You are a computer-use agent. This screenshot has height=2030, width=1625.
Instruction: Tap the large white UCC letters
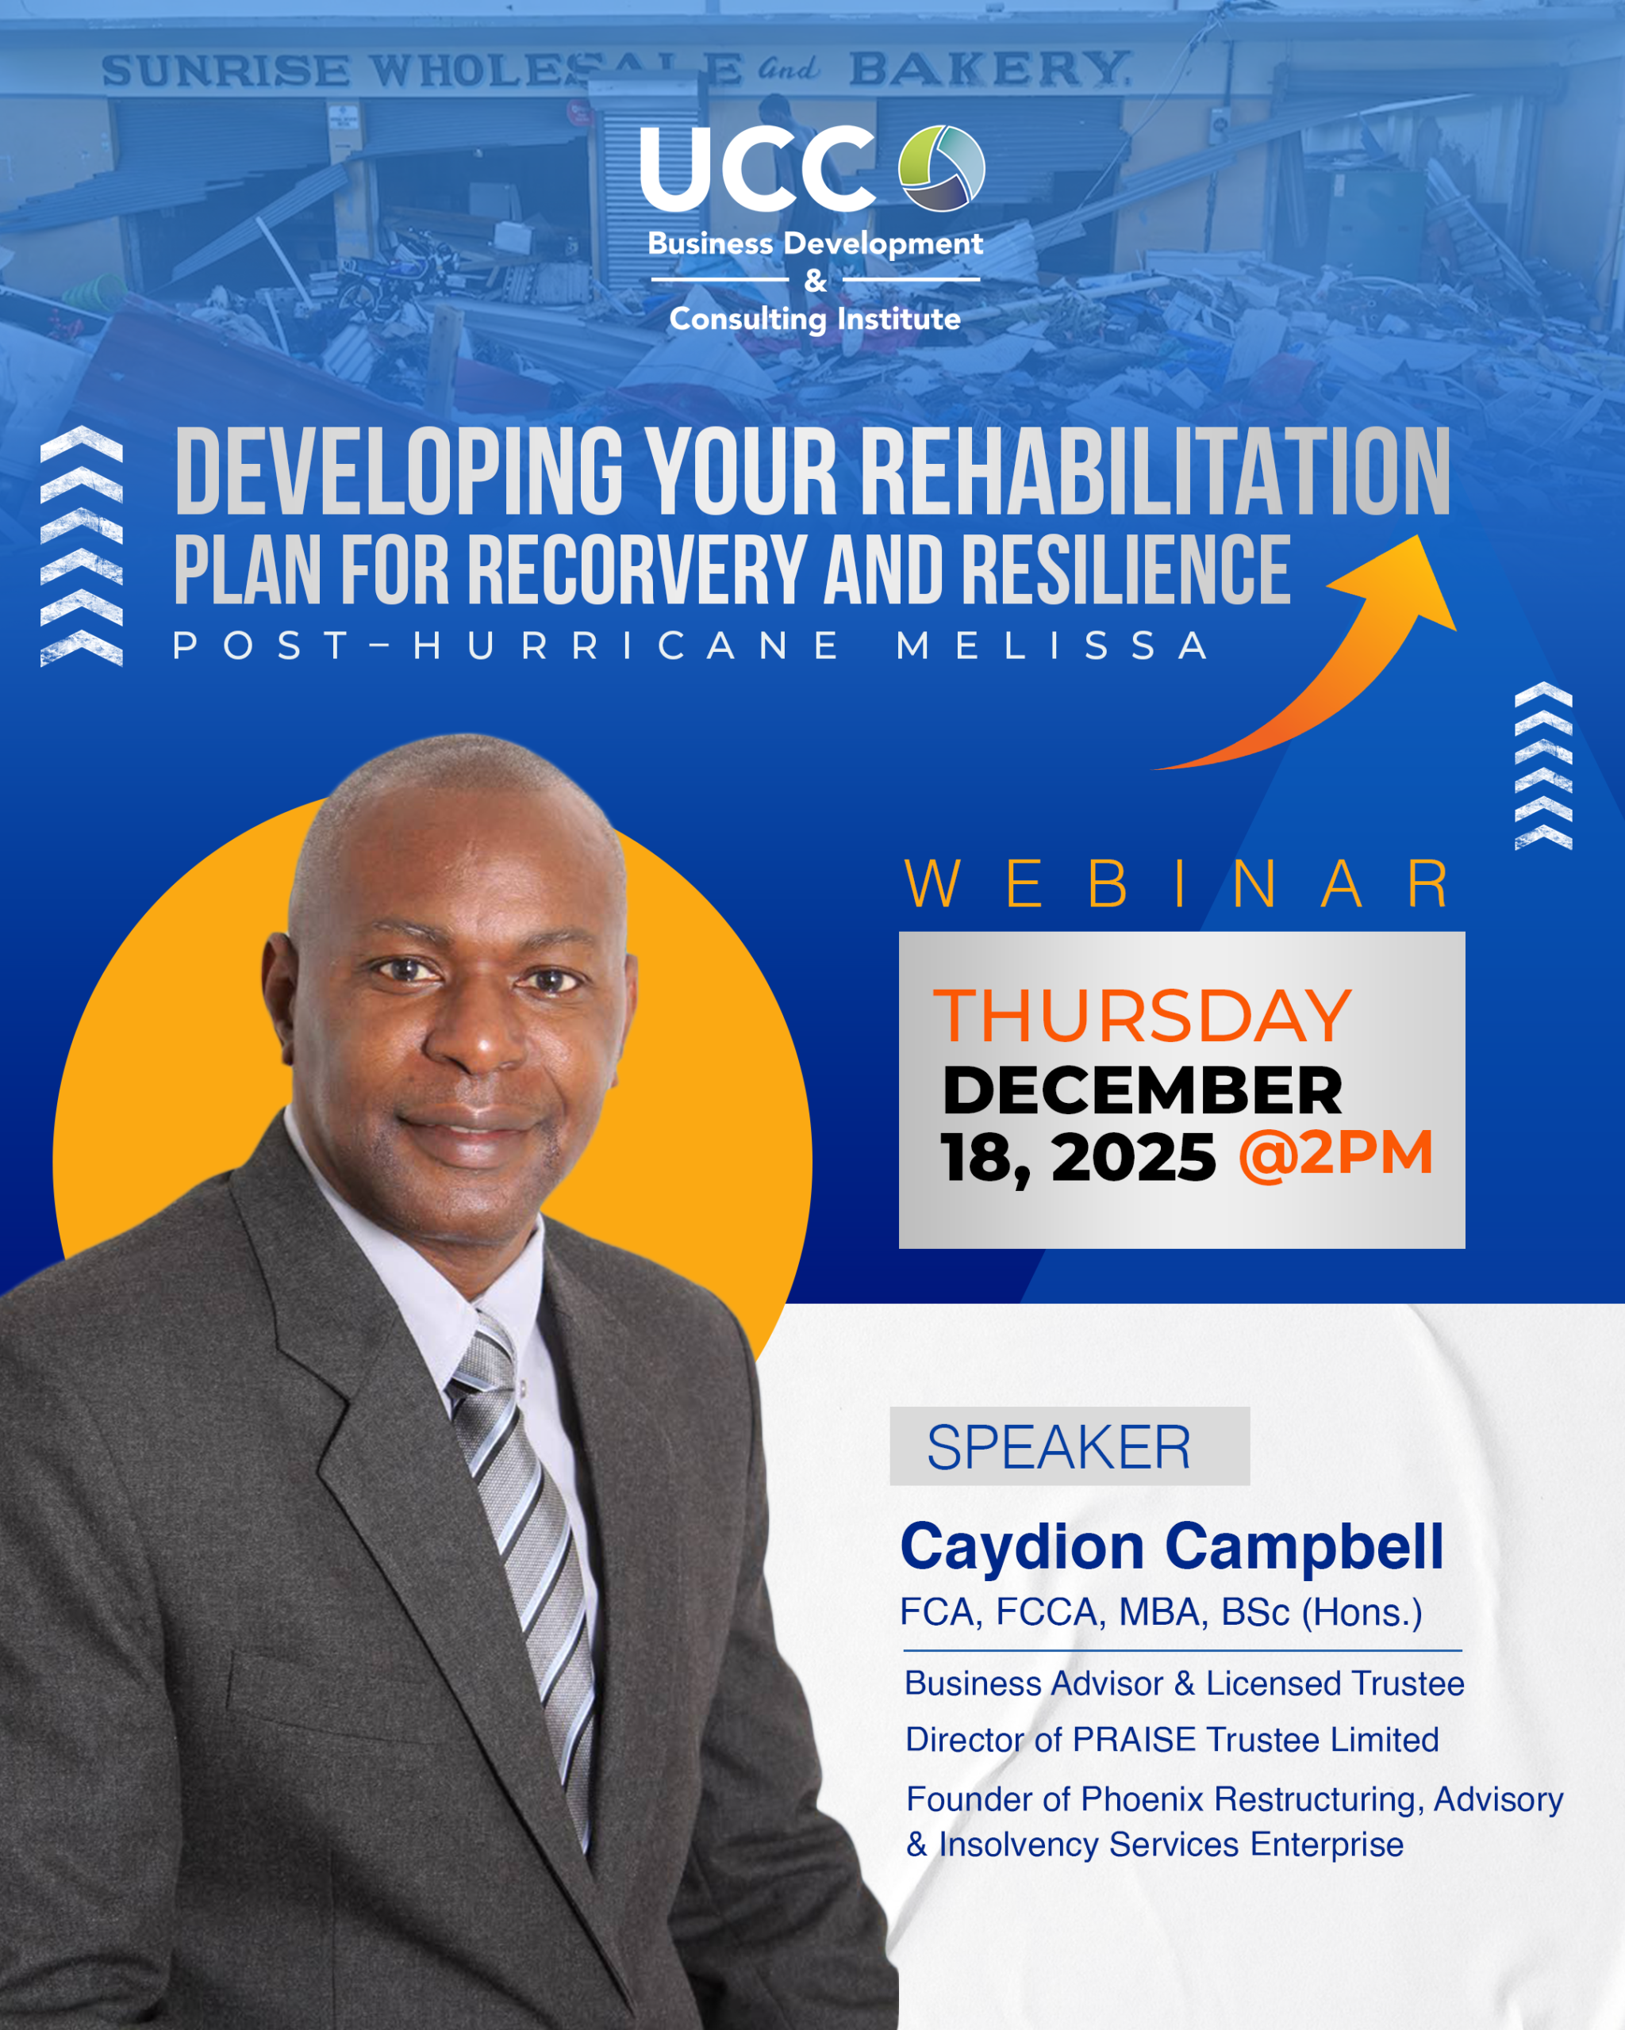click(x=759, y=170)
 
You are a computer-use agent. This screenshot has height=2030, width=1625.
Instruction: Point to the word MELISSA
click(x=1052, y=646)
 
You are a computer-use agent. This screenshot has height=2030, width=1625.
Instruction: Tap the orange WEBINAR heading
click(x=1177, y=885)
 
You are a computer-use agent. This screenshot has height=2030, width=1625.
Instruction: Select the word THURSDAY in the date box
click(x=1142, y=1016)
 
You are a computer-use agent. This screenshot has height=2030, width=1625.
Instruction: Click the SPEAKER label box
click(x=1070, y=1446)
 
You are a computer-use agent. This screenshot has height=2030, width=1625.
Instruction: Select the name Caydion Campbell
click(x=1172, y=1548)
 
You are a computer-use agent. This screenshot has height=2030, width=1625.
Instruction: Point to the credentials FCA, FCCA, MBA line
click(x=1161, y=1613)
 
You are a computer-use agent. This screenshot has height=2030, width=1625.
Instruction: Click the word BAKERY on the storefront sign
click(x=989, y=69)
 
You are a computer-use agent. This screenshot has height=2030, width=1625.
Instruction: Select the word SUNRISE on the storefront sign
click(x=225, y=71)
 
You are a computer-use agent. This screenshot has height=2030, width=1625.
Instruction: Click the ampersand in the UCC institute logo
click(x=816, y=281)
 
